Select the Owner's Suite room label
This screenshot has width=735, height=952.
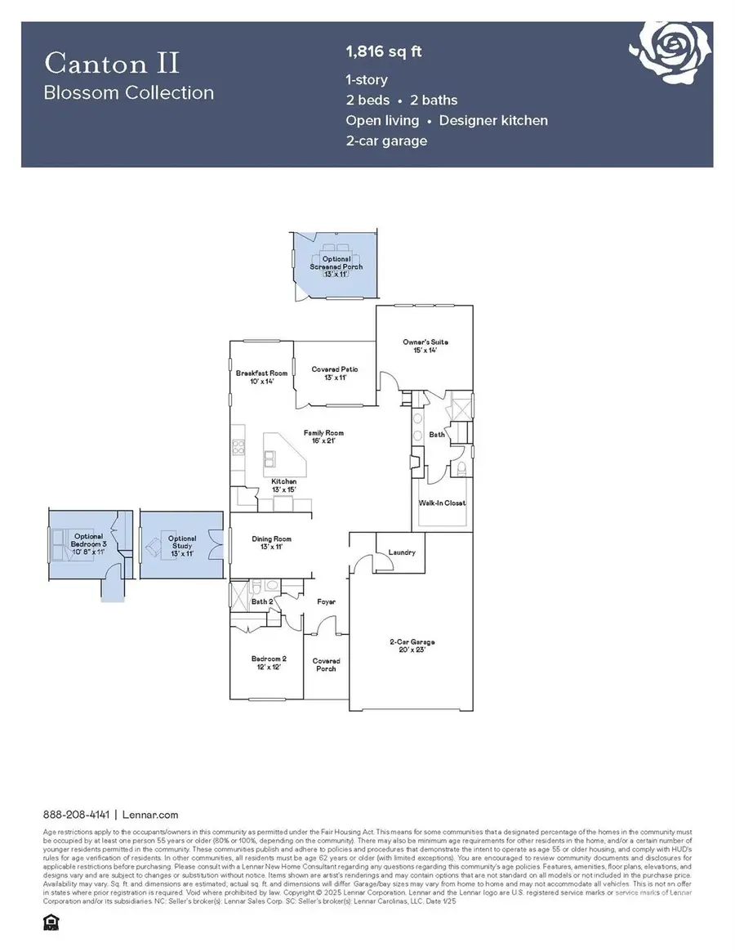pos(425,346)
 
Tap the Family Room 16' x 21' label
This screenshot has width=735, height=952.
pos(323,436)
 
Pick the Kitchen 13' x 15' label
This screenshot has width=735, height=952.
pos(284,485)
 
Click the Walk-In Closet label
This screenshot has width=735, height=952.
pos(443,503)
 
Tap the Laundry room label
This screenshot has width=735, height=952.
pos(402,552)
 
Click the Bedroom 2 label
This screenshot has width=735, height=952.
pos(268,663)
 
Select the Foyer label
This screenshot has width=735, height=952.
pos(327,602)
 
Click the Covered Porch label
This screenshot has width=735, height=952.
pos(326,664)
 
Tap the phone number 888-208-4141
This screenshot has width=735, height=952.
pos(78,815)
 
